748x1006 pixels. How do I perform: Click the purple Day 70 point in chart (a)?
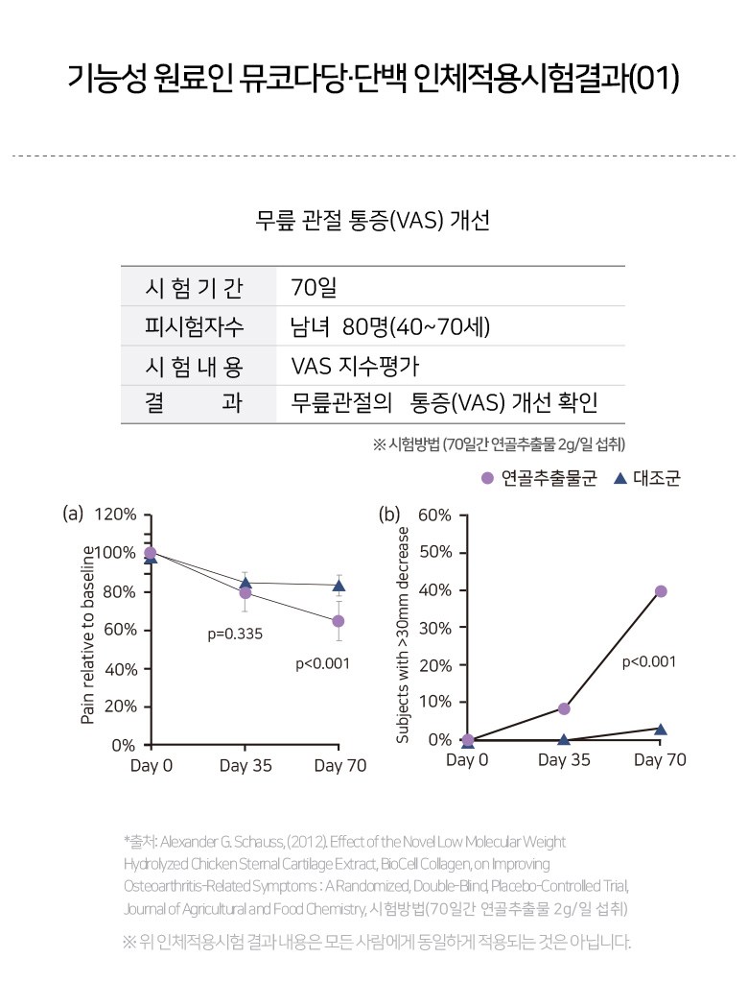(338, 621)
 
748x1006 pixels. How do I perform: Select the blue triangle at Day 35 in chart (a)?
(245, 582)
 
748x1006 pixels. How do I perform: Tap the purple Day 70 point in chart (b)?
(660, 591)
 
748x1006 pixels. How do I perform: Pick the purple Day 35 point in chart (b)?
(564, 708)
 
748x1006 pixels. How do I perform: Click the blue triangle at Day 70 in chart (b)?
(660, 730)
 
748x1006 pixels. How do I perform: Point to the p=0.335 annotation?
(235, 635)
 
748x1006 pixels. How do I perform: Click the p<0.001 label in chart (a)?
(322, 662)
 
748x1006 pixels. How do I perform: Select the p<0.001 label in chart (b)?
(649, 661)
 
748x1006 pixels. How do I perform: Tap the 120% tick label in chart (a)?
(115, 515)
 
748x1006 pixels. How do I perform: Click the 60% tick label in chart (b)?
(434, 515)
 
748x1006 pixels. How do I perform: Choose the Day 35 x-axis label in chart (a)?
(245, 766)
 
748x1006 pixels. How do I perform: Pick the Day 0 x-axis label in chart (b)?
(467, 760)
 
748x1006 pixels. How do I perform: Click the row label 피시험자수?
(194, 326)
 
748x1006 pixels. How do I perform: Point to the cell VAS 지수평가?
(355, 366)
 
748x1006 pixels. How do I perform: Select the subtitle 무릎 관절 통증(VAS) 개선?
(373, 220)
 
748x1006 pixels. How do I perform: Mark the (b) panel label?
(389, 514)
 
